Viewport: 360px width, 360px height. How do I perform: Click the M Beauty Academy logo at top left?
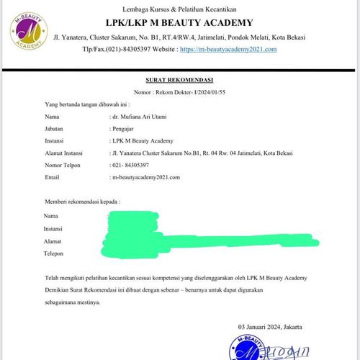click(x=30, y=30)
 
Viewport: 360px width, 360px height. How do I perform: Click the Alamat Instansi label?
click(x=63, y=153)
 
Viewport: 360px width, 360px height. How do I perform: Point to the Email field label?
click(x=52, y=176)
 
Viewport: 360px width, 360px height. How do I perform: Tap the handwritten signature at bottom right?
click(x=287, y=351)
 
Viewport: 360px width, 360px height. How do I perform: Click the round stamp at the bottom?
click(x=247, y=348)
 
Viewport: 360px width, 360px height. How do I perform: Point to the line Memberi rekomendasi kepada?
click(x=82, y=202)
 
